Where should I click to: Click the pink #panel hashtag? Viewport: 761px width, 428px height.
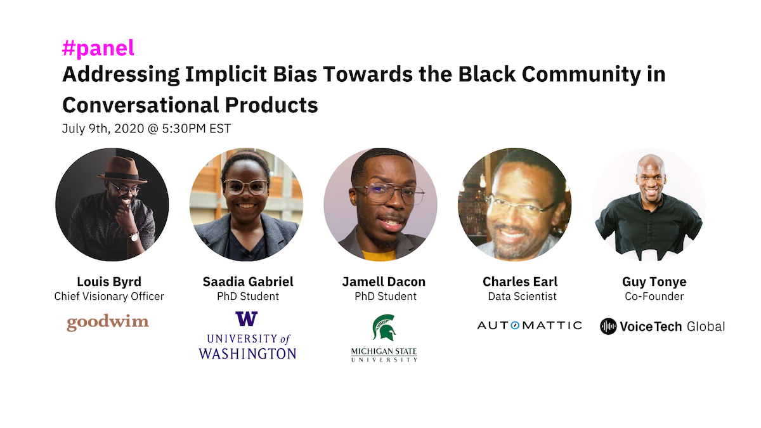click(98, 49)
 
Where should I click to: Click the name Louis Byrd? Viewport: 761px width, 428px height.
click(108, 282)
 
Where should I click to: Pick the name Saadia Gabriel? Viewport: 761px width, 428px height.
click(248, 282)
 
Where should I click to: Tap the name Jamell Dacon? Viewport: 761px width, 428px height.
click(384, 282)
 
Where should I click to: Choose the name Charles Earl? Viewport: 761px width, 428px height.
click(519, 282)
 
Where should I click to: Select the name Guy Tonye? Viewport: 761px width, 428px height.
click(654, 282)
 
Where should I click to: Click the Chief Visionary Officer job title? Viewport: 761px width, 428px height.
click(108, 296)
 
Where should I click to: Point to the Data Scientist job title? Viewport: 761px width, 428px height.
click(519, 296)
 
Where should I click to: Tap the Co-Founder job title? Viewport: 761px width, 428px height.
click(654, 296)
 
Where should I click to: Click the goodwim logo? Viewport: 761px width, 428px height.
click(108, 323)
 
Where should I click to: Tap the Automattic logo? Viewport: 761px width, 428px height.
click(529, 325)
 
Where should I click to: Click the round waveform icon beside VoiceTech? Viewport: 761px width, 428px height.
click(608, 327)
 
